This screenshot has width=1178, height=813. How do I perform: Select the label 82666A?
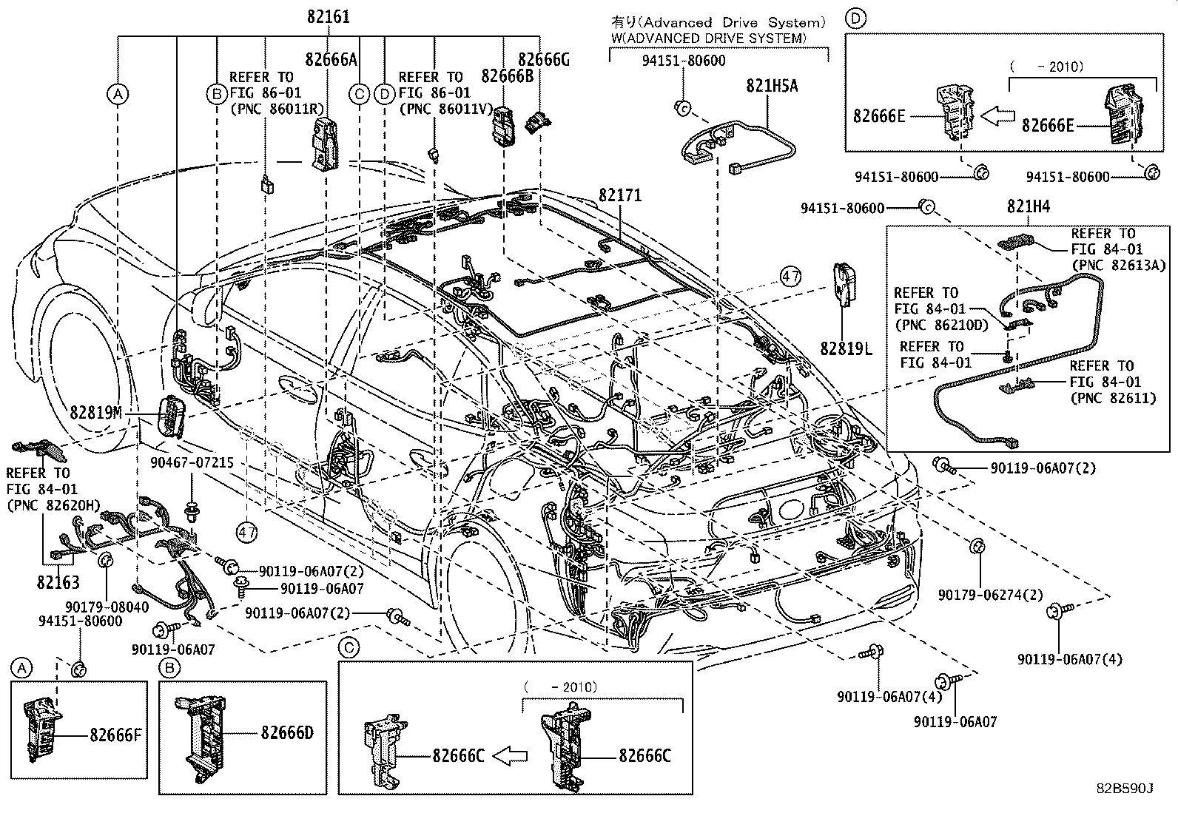pos(331,60)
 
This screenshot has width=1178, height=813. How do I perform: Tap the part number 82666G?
pos(543,60)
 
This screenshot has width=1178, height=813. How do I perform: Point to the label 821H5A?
pos(771,86)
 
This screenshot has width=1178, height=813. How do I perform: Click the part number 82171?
pos(620,195)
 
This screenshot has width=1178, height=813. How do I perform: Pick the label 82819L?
pos(846,347)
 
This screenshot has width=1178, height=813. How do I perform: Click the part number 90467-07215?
pos(192,462)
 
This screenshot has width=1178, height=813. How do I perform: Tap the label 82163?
pos(58,582)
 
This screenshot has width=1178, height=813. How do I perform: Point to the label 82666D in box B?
pos(287,733)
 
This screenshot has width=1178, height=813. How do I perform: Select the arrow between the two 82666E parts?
pos(999,115)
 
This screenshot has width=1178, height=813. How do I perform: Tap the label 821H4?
pos(1028,208)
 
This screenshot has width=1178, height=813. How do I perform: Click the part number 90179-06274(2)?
pos(990,595)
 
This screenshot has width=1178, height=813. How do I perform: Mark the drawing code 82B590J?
pos(1125,789)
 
